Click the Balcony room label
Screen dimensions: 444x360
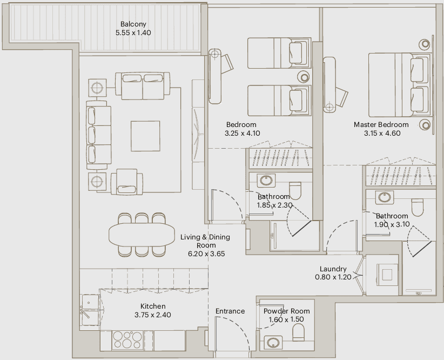133,24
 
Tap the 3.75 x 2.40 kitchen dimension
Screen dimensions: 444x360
153,315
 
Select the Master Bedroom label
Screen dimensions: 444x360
381,124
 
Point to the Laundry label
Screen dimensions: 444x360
333,269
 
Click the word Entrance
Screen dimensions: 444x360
230,311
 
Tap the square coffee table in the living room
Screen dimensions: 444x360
145,136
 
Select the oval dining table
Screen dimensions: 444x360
142,235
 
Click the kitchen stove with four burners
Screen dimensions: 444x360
127,340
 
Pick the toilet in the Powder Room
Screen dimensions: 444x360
298,332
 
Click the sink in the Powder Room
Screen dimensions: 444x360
273,342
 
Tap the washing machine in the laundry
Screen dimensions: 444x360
387,275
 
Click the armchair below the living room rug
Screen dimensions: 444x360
127,182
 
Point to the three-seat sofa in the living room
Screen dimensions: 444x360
98,135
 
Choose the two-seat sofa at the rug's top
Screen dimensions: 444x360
143,86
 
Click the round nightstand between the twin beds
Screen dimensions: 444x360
304,77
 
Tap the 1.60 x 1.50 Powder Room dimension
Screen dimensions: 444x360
286,319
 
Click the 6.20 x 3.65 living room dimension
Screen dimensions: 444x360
206,254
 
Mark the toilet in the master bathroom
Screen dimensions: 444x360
418,207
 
